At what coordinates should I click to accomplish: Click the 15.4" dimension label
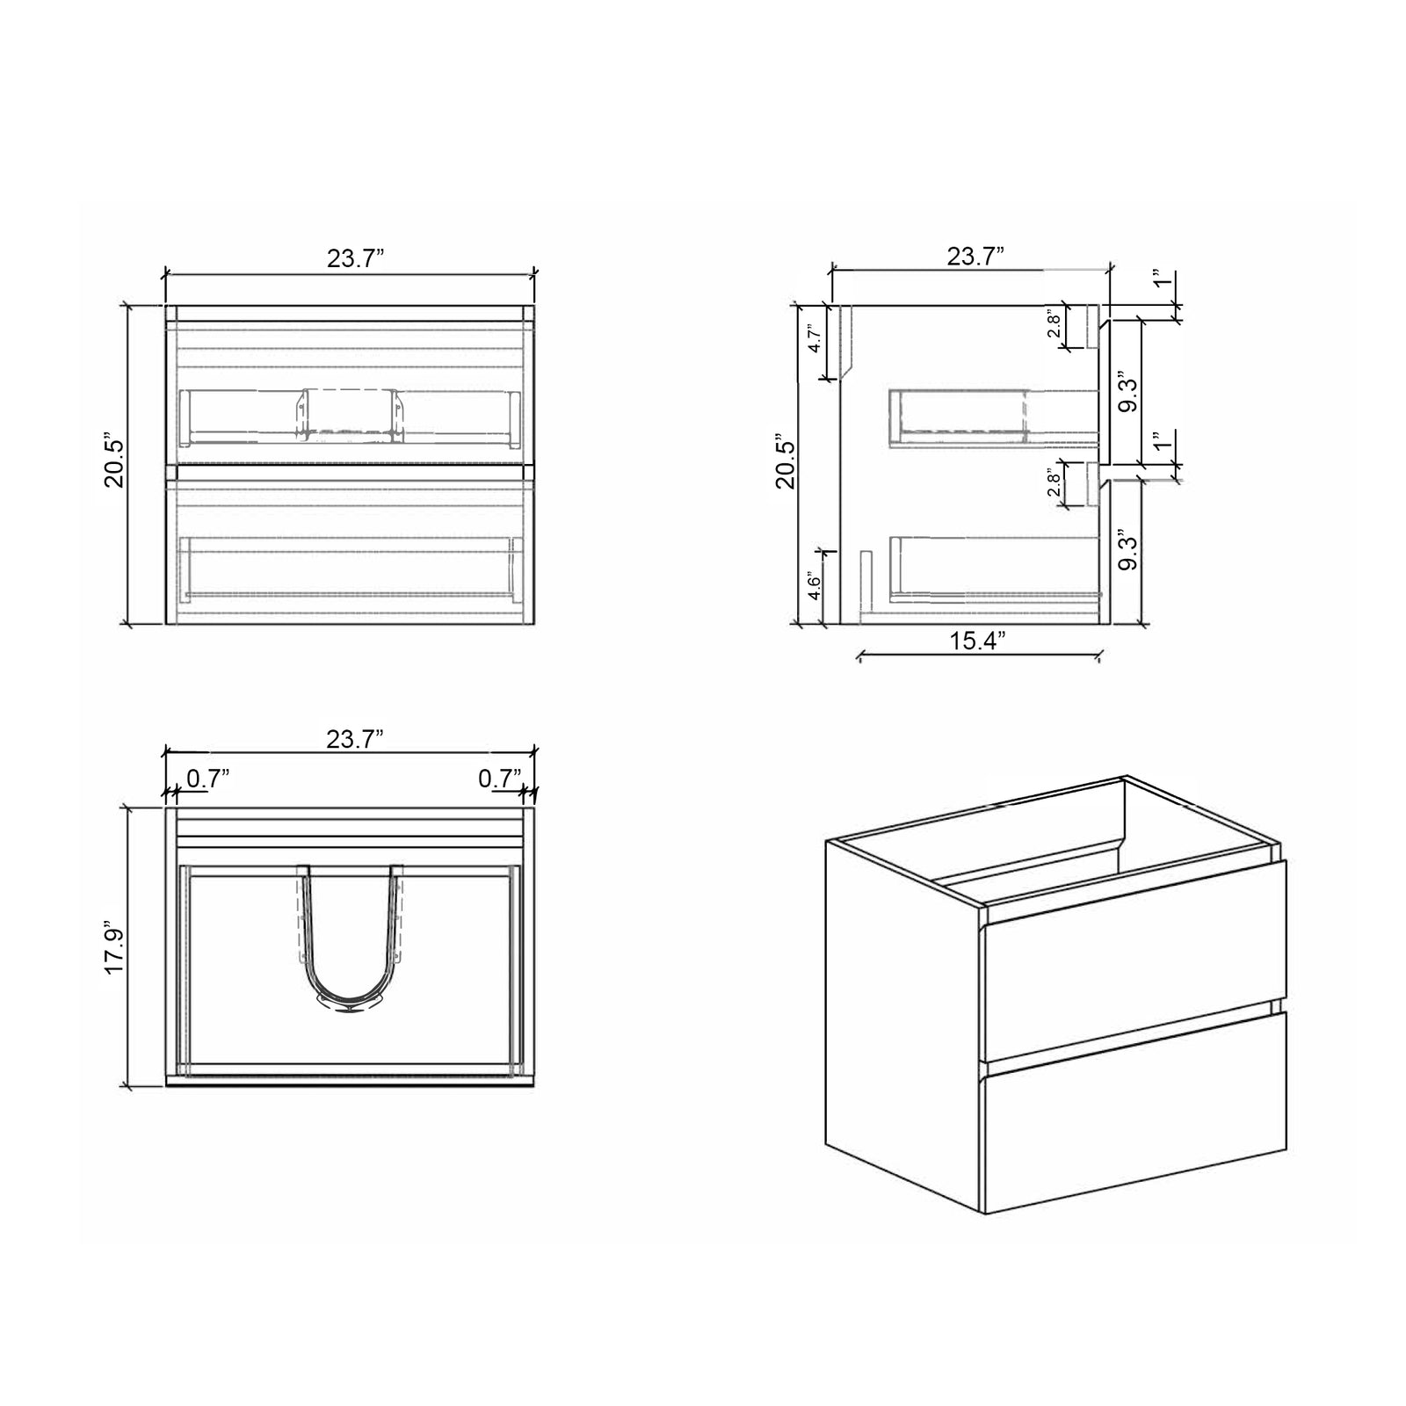976,641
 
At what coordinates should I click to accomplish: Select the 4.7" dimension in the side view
815,339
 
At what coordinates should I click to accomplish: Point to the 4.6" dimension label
815,587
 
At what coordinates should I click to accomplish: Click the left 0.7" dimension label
208,779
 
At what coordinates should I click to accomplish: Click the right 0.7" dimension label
500,779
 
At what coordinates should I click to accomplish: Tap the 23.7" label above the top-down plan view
355,739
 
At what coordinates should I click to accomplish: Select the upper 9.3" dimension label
1128,395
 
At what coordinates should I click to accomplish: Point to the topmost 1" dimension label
1162,280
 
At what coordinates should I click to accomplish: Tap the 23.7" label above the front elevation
356,258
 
